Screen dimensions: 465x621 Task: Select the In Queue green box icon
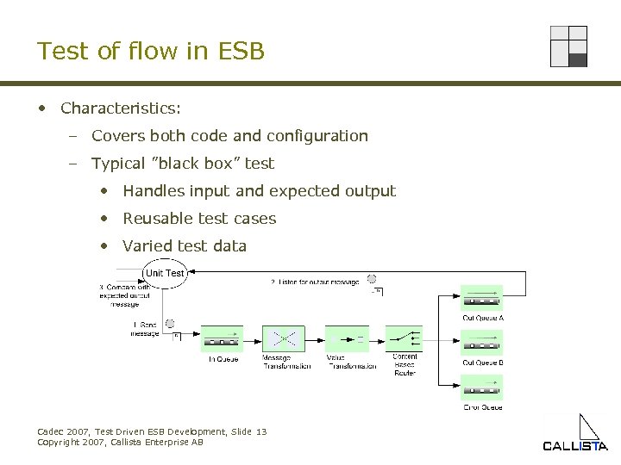click(222, 338)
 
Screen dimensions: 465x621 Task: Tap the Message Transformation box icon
click(284, 338)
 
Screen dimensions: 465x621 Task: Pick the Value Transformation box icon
click(346, 338)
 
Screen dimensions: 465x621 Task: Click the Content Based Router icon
click(404, 338)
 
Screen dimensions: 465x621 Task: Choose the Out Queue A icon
click(482, 298)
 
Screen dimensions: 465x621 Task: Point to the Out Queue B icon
click(482, 342)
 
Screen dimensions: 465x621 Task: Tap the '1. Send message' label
click(146, 329)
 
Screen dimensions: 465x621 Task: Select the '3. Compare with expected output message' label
click(124, 295)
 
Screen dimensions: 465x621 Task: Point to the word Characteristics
click(120, 108)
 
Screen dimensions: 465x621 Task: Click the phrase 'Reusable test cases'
click(199, 219)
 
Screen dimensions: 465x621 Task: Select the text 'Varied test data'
click(185, 246)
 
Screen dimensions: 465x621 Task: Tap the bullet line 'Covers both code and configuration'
click(229, 136)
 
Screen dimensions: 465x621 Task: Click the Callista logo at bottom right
click(575, 435)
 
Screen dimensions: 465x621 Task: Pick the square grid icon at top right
click(568, 46)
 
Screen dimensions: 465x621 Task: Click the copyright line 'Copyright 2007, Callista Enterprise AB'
click(121, 442)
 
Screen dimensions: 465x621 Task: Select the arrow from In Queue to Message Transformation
click(253, 338)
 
